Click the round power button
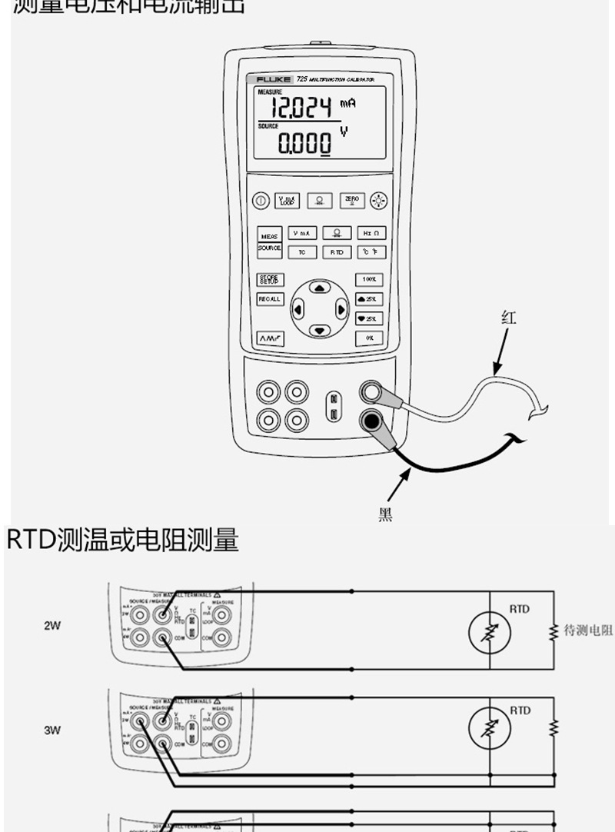(261, 200)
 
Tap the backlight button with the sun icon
(377, 200)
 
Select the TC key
(301, 251)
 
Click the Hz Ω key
(370, 233)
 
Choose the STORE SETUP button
(270, 280)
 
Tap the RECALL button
(270, 299)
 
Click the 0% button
(370, 338)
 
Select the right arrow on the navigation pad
(341, 311)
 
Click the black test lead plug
(372, 420)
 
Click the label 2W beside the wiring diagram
(52, 626)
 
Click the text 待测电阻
(588, 631)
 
